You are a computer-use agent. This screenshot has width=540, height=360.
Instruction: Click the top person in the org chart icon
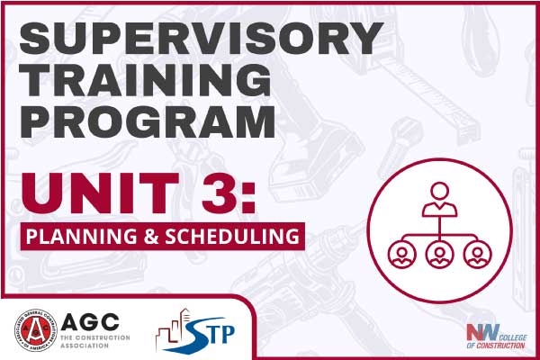point(438,198)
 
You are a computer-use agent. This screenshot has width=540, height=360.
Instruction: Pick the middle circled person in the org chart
point(438,254)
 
